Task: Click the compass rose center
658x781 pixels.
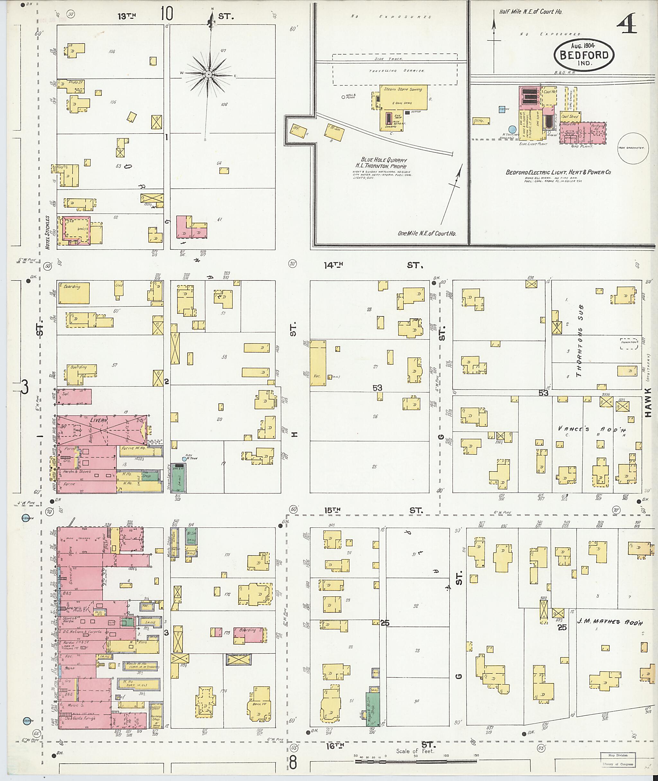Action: tap(209, 75)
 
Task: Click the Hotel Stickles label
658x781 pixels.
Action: tap(47, 232)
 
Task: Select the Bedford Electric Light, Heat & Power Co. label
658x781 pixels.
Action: tap(558, 172)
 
